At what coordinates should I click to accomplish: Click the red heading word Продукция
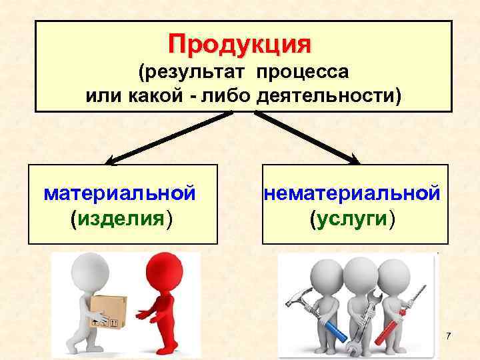[239, 44]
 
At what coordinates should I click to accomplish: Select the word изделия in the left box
[121, 218]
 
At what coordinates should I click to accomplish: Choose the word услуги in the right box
[352, 218]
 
